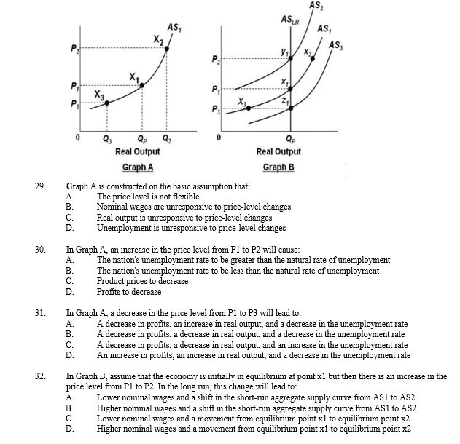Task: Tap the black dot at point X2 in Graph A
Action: pos(168,49)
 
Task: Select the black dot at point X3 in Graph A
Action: pos(108,103)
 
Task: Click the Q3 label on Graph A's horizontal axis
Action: pos(108,139)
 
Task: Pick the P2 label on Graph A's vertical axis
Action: pos(74,49)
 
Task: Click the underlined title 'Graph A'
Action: pos(138,167)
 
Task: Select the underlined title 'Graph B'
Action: pos(278,167)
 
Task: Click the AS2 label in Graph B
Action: pos(315,6)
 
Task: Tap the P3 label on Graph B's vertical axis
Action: pos(212,111)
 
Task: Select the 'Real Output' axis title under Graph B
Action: pos(278,151)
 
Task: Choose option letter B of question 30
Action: pos(69,271)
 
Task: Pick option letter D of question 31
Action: pos(69,355)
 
